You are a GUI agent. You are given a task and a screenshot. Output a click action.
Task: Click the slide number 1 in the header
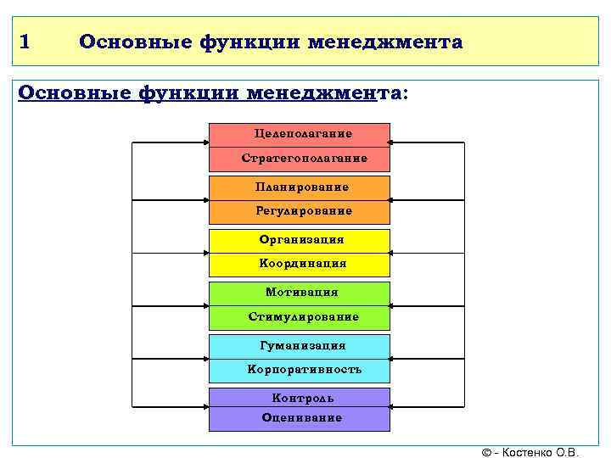point(25,42)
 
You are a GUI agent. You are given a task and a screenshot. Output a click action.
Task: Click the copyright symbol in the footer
point(486,452)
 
